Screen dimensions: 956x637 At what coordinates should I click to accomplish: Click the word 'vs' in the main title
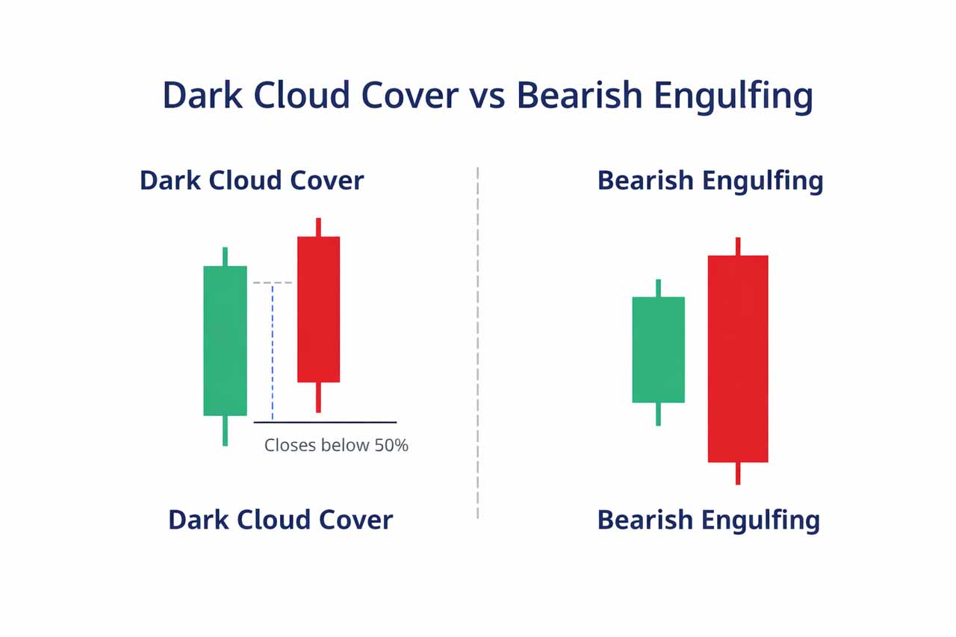click(487, 96)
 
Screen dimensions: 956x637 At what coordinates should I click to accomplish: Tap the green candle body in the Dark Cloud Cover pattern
click(225, 341)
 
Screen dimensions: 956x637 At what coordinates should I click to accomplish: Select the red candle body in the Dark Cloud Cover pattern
click(318, 309)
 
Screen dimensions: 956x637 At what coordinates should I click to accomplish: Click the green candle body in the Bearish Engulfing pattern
click(658, 349)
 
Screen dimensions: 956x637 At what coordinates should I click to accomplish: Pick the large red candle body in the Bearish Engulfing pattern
click(738, 358)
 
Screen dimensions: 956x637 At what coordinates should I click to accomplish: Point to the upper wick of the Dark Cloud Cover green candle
click(225, 256)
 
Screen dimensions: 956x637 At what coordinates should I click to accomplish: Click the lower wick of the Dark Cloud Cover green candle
click(225, 430)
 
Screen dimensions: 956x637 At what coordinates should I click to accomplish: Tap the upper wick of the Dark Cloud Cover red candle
click(318, 227)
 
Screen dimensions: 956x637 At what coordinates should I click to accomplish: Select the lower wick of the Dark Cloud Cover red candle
click(318, 397)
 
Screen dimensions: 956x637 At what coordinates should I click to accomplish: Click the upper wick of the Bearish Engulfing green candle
click(658, 288)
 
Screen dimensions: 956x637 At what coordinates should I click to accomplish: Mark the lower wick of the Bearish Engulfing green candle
click(658, 414)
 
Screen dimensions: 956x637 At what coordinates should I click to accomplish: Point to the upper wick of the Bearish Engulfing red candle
click(738, 246)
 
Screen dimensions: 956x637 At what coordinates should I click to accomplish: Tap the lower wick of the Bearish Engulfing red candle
click(738, 473)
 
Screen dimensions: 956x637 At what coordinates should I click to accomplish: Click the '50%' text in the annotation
click(391, 445)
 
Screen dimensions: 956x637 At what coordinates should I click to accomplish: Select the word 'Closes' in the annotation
click(291, 445)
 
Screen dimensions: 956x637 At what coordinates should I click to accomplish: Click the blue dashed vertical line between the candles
click(273, 352)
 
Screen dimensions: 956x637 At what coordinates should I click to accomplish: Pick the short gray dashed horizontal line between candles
click(273, 282)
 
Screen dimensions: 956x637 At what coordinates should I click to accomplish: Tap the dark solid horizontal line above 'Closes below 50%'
click(325, 423)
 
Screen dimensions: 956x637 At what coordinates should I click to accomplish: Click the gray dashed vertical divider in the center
click(477, 343)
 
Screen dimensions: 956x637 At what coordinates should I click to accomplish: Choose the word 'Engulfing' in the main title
click(733, 96)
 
